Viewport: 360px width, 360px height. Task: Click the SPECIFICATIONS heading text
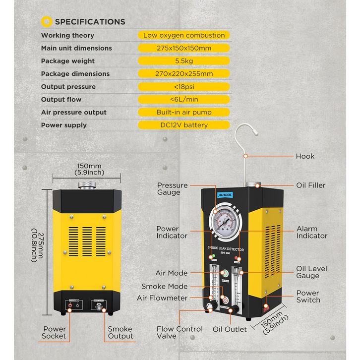[90, 22]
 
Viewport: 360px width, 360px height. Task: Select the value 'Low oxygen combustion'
[184, 35]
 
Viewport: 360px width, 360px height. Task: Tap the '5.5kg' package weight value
[184, 61]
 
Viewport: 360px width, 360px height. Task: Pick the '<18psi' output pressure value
[184, 87]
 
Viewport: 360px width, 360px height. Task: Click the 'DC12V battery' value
[184, 125]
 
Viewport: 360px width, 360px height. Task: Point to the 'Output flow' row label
[61, 100]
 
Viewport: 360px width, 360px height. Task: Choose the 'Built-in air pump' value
[184, 112]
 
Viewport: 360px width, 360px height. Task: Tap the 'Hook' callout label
[305, 156]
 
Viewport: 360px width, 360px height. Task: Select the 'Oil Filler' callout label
[311, 185]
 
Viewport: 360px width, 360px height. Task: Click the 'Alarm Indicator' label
[312, 232]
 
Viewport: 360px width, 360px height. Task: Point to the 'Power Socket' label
[55, 332]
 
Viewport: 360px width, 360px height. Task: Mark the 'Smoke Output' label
[120, 332]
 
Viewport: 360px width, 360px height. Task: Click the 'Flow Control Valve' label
[180, 332]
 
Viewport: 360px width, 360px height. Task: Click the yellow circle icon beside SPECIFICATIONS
[47, 21]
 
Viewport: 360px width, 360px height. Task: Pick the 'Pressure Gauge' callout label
[172, 189]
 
